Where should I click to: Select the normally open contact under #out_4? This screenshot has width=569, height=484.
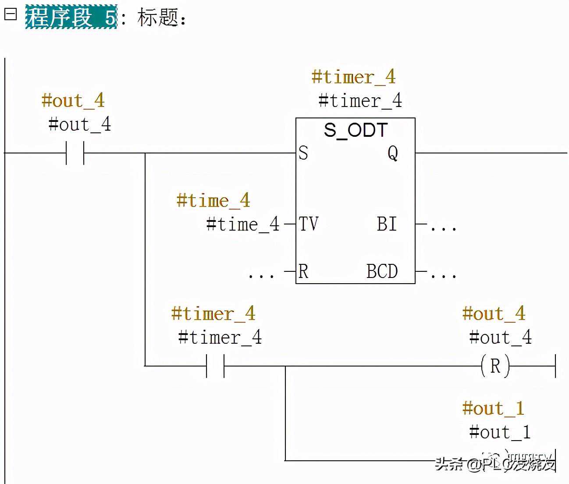point(75,153)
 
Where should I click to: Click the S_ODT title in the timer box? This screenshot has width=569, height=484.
point(356,130)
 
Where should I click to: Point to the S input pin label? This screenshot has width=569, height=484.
point(303,153)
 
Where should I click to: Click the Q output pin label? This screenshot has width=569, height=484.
point(393,153)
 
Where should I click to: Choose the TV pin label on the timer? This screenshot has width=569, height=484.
point(309,224)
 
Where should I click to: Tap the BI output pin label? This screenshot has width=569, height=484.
point(387,224)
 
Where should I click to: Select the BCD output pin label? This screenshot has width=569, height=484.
point(382,271)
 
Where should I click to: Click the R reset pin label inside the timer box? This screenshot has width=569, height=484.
point(303,271)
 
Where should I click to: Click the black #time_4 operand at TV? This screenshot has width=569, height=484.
point(243,224)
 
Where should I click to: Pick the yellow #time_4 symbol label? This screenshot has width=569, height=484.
point(213,200)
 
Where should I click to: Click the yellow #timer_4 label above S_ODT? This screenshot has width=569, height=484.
point(353,77)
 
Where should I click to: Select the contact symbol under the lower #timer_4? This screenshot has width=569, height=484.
point(215,366)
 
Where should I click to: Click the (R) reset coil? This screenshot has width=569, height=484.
point(495,366)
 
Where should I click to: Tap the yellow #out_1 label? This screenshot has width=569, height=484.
point(493,408)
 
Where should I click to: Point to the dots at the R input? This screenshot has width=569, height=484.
point(261,274)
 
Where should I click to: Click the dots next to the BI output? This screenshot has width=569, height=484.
point(443,227)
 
